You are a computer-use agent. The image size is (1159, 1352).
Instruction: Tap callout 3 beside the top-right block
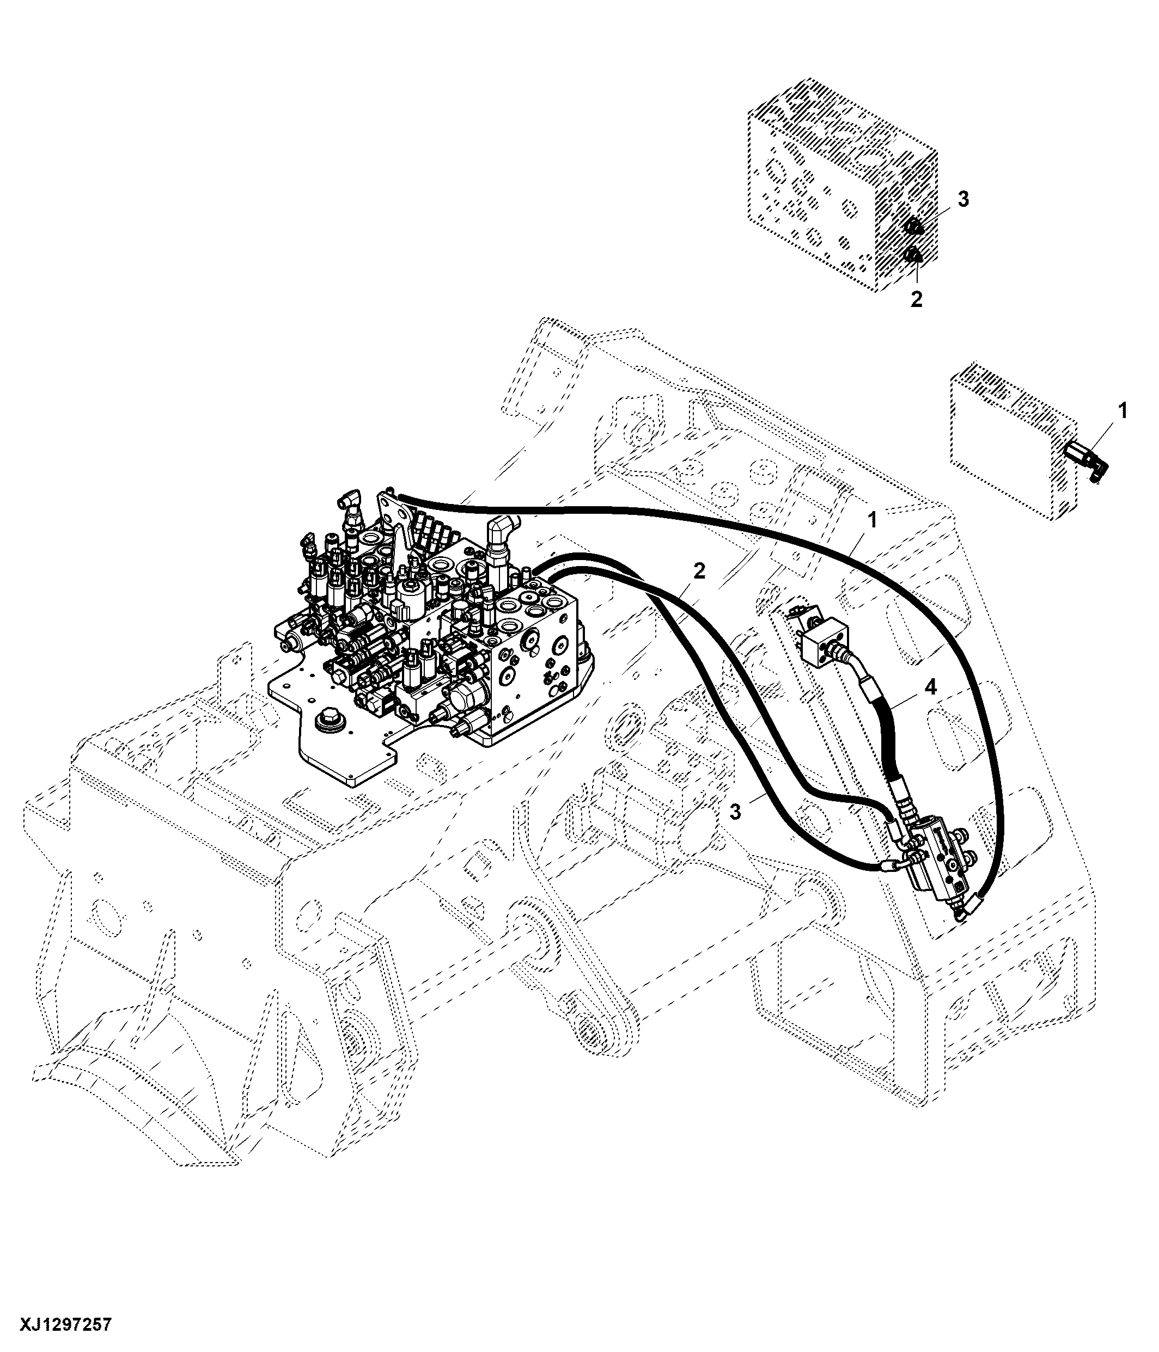(963, 200)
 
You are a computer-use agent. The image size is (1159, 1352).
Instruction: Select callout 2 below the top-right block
(916, 299)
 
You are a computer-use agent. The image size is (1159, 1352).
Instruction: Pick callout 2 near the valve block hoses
(699, 571)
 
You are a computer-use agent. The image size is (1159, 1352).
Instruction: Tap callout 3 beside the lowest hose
(735, 812)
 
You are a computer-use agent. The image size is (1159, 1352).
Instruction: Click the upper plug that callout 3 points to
(913, 227)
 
